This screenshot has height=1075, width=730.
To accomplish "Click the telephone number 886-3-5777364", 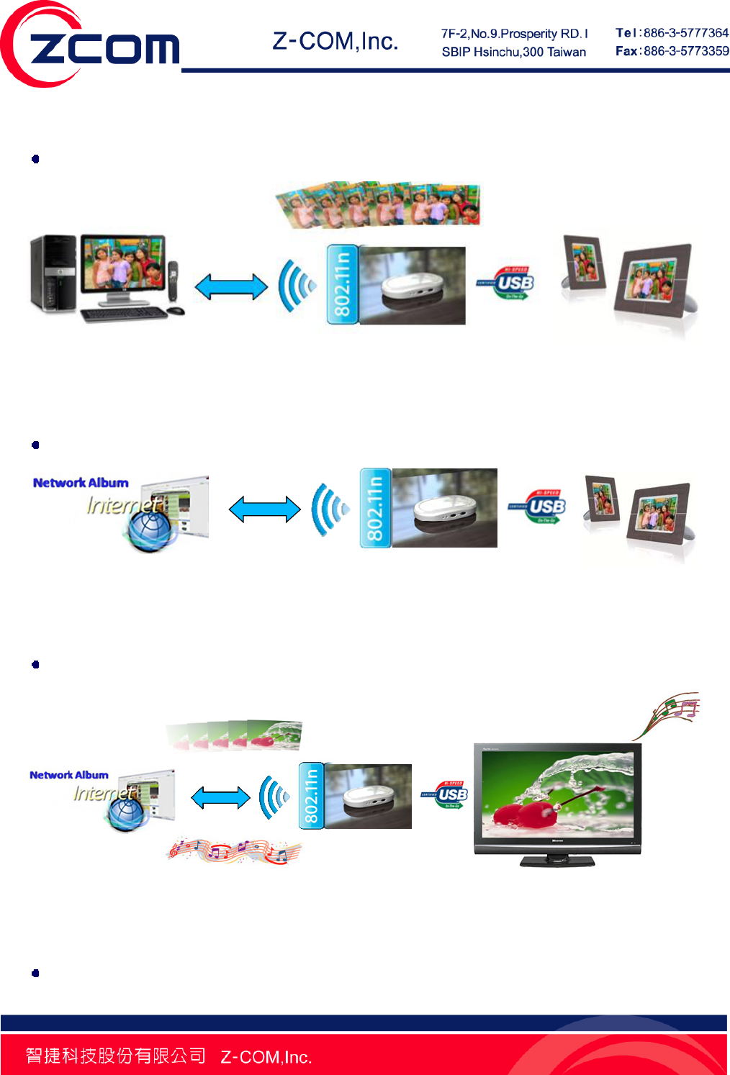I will (x=685, y=33).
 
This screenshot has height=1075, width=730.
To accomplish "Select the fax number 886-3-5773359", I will (x=685, y=51).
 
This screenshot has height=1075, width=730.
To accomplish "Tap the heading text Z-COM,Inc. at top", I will (x=335, y=42).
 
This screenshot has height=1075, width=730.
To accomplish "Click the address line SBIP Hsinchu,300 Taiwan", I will (x=513, y=52).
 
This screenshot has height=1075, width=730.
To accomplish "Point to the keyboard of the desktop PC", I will (x=124, y=314).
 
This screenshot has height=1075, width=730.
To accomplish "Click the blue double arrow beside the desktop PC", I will (x=231, y=286).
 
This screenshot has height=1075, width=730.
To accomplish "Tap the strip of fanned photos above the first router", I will (x=378, y=204).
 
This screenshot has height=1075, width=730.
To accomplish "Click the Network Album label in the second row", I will (x=81, y=483).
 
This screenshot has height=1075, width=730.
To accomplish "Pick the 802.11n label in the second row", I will (x=375, y=508).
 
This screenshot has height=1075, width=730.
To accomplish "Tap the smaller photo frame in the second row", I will (x=603, y=499).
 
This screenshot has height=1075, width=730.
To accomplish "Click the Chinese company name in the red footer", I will (x=115, y=1056).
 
